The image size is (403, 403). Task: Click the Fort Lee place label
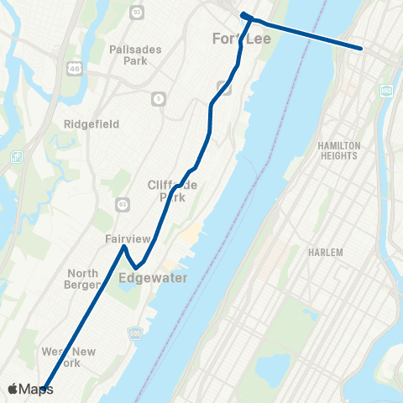[x=238, y=39]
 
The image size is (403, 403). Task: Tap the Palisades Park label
[x=129, y=55]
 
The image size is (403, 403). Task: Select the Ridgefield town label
[x=92, y=124]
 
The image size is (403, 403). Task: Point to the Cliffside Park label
[x=172, y=191]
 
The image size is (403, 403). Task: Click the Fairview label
[x=127, y=239]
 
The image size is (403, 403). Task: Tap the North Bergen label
[x=83, y=279]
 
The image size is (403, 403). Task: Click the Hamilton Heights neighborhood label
[x=338, y=150]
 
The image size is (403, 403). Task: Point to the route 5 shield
[x=158, y=99]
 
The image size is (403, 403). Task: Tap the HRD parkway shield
[x=386, y=90]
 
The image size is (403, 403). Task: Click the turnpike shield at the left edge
[x=15, y=157]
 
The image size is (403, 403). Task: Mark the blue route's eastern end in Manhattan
[x=362, y=49]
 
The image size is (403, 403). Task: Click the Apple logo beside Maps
[x=13, y=389]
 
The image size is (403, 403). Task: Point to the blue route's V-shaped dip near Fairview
[x=135, y=268]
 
